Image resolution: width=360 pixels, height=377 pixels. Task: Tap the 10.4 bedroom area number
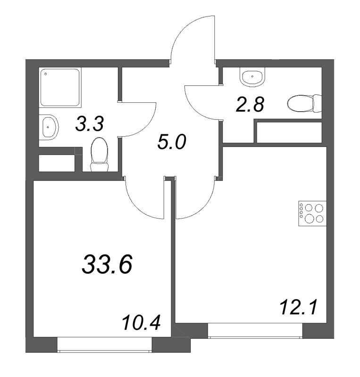[x=141, y=324]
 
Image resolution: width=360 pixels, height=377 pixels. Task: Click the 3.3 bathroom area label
[x=89, y=124]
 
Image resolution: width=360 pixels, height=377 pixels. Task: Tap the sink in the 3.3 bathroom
[x=49, y=127]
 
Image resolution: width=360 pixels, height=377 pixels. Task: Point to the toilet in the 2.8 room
[x=305, y=102]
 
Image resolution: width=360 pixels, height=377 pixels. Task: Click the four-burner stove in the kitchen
[x=312, y=213]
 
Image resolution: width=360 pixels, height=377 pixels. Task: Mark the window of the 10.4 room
[x=104, y=344]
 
